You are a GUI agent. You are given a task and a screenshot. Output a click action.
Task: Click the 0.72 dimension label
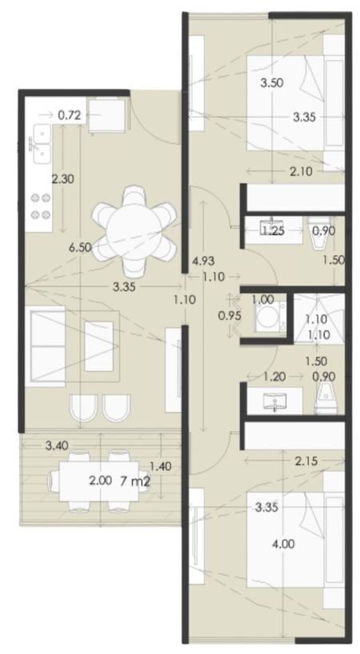[x=69, y=115]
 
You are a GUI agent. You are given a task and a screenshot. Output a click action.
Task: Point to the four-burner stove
[x=40, y=205]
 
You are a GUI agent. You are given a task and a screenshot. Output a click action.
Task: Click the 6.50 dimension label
[x=80, y=247]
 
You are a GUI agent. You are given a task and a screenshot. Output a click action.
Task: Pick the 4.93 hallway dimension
[x=203, y=261]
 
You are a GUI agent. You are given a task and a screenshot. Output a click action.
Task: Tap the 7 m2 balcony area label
[x=134, y=481]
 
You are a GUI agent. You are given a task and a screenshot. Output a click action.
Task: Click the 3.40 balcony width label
[x=57, y=445]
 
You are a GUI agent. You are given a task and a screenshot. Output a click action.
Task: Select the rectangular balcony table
[x=99, y=481]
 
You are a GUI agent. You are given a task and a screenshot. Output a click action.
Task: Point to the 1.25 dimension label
[x=273, y=230]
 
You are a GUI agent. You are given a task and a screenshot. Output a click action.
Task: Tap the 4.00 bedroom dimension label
[x=283, y=544]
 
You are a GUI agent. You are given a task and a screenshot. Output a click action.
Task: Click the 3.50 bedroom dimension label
[x=272, y=82]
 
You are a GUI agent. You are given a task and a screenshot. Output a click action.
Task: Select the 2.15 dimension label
[x=306, y=461]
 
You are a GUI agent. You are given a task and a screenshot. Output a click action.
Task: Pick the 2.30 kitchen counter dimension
[x=62, y=179]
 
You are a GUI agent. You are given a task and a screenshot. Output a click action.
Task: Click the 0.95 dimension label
[x=230, y=316]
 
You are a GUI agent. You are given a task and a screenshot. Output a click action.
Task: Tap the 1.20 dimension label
[x=274, y=377]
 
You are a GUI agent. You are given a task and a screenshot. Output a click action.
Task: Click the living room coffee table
[x=99, y=346]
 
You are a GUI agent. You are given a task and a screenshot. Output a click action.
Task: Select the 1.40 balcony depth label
[x=161, y=466]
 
